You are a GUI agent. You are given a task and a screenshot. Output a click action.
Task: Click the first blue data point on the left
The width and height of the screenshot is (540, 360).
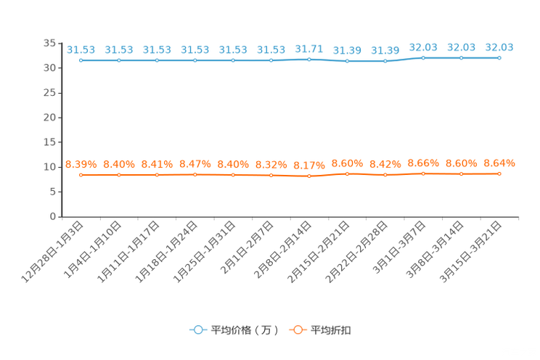[x=81, y=60]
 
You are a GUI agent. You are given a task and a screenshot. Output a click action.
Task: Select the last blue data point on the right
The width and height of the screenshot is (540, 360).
[x=499, y=57]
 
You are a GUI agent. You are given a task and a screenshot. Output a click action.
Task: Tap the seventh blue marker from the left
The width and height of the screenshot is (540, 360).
[x=309, y=59]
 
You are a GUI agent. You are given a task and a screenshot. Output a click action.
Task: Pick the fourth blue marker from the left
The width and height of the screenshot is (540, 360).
[x=195, y=60]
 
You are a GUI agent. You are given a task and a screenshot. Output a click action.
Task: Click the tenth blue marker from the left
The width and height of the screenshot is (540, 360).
[x=423, y=57]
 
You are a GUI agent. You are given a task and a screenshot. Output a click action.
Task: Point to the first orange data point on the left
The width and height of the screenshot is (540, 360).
[x=81, y=174]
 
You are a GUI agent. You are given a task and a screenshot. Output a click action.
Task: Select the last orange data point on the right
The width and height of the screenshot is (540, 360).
[x=499, y=173]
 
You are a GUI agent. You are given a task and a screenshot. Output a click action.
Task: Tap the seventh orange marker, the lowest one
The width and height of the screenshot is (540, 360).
[x=309, y=176]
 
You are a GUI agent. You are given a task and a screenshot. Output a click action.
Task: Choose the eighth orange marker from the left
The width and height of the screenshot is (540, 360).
[x=347, y=173]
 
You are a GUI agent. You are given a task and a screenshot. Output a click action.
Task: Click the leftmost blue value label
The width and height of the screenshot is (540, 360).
[x=81, y=49]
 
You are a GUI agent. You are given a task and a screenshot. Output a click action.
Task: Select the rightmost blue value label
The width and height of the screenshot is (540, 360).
[x=499, y=47]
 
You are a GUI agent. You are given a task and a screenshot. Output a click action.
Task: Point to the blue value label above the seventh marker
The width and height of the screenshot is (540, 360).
[x=309, y=49]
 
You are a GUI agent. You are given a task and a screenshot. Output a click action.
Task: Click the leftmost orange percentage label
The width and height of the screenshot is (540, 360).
[x=81, y=164]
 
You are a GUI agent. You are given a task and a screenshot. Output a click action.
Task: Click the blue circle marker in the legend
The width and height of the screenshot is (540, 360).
[x=197, y=330]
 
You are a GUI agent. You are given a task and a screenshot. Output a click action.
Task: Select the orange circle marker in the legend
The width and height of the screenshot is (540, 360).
[x=297, y=330]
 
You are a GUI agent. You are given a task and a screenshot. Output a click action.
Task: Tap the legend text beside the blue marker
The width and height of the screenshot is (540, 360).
[x=245, y=330]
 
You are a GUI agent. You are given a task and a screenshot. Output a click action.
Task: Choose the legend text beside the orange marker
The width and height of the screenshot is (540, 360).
[x=332, y=330]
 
